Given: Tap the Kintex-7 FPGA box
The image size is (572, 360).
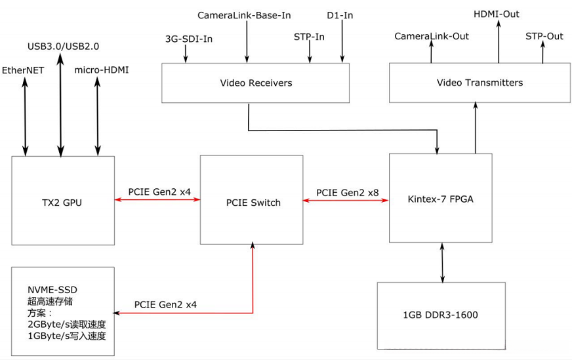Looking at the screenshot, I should coord(440,199).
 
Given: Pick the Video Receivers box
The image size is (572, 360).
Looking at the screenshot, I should coord(256,83).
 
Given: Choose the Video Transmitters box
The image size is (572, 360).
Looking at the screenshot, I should coord(480,83).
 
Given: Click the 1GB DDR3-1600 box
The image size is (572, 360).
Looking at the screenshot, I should coord(441,315).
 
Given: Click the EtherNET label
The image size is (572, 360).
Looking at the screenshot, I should coord(23,70).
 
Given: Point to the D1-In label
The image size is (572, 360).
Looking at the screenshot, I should coord(340,14).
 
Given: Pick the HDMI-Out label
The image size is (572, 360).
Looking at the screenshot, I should coord(497,13).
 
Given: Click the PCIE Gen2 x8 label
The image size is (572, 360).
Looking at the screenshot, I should coord(347,193).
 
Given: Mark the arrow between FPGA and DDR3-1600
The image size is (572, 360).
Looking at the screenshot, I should coord(441,262).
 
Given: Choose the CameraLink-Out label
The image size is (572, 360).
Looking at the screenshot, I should coord(431,36).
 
